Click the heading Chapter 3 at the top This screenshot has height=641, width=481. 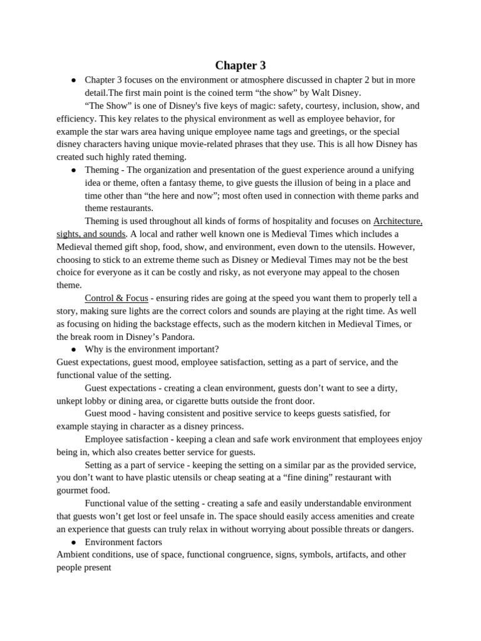click(x=240, y=66)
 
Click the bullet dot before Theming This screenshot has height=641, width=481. click(x=73, y=170)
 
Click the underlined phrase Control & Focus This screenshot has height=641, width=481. click(x=116, y=298)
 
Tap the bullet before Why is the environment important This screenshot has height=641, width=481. click(x=73, y=349)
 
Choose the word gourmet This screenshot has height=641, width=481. click(x=73, y=490)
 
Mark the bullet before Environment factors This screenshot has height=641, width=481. click(x=73, y=542)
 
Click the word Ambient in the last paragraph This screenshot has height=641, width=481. click(x=74, y=555)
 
